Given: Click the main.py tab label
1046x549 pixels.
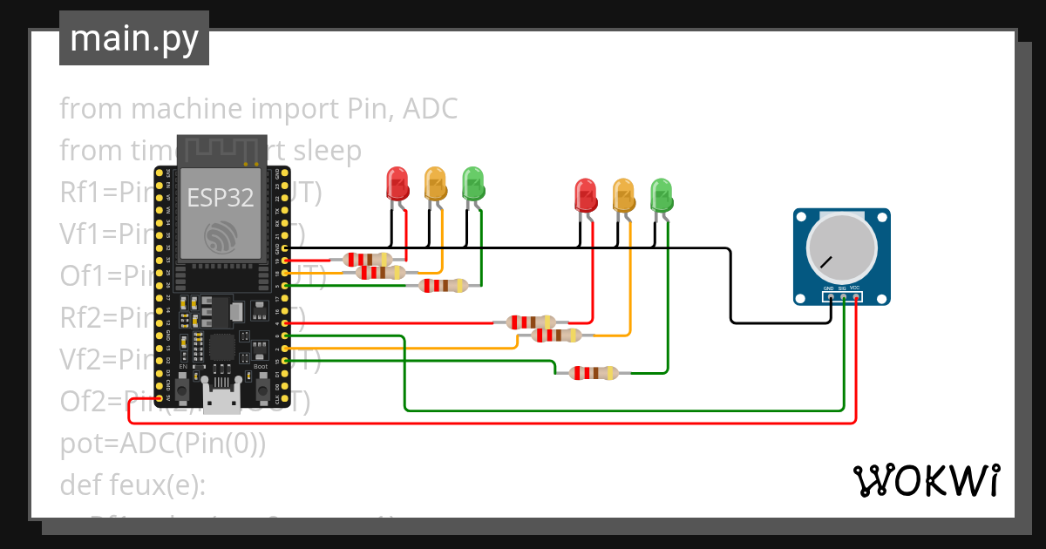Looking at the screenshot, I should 134,38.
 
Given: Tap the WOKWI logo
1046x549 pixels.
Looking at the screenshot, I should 926,480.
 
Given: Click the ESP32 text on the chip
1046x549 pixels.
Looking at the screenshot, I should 221,197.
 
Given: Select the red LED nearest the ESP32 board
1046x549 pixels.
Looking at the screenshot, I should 397,184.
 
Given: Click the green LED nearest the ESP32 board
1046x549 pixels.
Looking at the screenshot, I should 473,184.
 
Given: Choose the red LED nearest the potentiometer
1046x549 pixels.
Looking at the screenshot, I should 586,195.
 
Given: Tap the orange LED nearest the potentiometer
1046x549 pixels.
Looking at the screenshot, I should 623,195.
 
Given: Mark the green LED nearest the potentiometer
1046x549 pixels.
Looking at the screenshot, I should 662,195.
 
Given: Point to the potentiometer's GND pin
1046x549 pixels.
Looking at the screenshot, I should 830,297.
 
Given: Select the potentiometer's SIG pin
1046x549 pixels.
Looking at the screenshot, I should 843,297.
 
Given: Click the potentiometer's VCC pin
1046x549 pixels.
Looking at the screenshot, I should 856,297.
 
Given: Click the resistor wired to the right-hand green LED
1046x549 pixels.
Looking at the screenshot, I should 593,373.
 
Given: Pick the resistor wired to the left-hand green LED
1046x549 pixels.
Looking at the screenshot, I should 443,285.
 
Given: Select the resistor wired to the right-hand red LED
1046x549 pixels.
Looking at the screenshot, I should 530,322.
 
